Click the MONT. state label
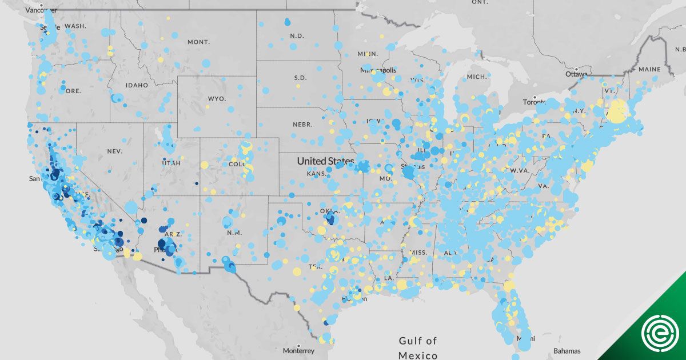(x=198, y=42)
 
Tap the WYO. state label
(x=217, y=99)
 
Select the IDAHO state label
(x=136, y=85)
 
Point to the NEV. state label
(x=114, y=151)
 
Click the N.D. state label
(x=297, y=35)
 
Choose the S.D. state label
(x=300, y=77)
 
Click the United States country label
(x=325, y=161)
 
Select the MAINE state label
(x=649, y=69)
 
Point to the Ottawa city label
(x=576, y=74)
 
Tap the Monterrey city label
(x=298, y=350)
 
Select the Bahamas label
(x=567, y=350)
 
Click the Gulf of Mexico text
(x=418, y=348)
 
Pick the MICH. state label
(x=477, y=77)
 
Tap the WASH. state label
(x=75, y=26)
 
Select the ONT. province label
(x=479, y=2)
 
